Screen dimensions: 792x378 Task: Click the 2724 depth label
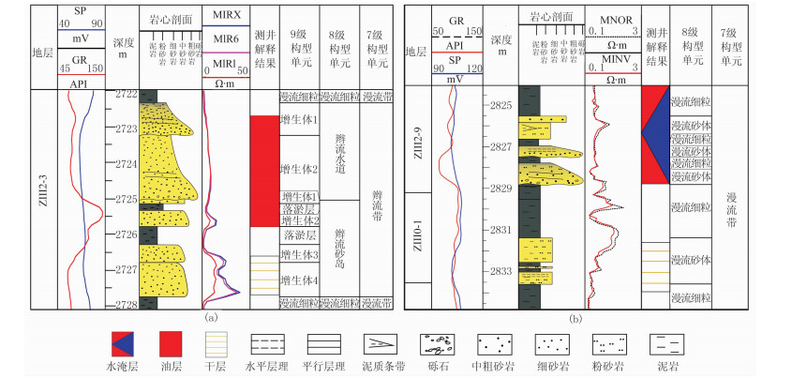[x=124, y=164]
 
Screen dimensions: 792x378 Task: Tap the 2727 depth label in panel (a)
[x=124, y=269]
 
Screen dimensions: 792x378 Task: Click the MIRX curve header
[x=226, y=16]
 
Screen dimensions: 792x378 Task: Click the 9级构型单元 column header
[x=298, y=44]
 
